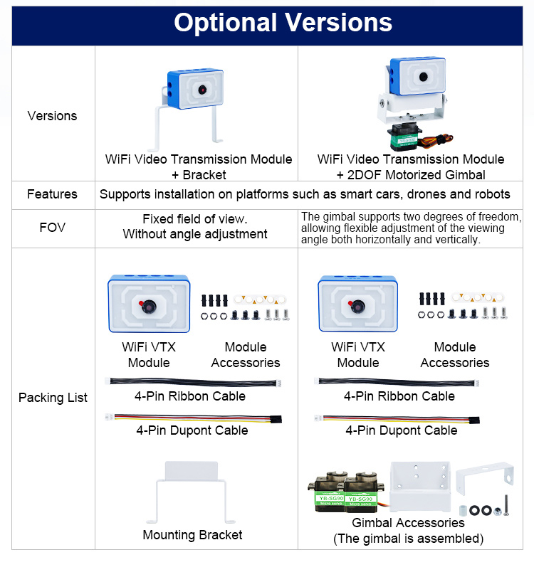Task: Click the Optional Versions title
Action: [283, 23]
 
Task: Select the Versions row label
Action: [52, 115]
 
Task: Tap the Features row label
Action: [52, 194]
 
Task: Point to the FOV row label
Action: [52, 228]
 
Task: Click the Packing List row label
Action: [53, 397]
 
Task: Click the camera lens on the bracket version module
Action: [202, 90]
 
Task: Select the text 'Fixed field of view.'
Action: [195, 219]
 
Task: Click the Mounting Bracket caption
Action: [192, 535]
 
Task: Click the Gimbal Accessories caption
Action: [408, 523]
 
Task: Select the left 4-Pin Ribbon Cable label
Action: [190, 396]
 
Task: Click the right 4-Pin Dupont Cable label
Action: [402, 430]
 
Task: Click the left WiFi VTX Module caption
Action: [149, 354]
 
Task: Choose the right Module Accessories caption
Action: [454, 354]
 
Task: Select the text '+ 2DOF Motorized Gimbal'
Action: [411, 175]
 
